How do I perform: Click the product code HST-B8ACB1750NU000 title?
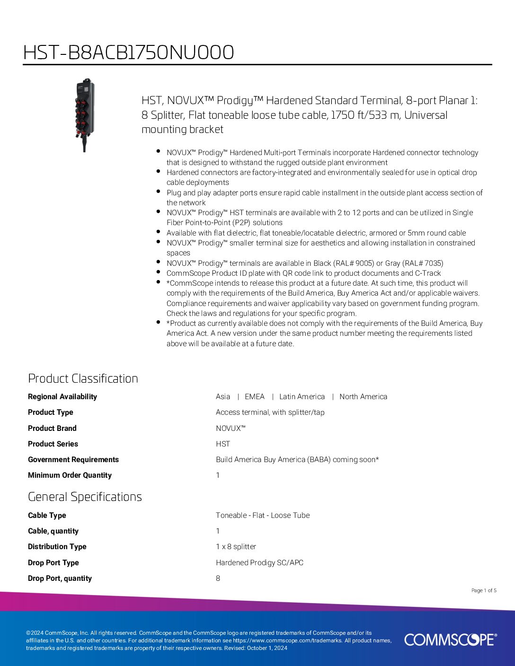click(128, 53)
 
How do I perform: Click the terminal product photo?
click(85, 114)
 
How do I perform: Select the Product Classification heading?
click(83, 378)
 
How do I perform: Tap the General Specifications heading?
click(85, 497)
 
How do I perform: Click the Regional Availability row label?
click(62, 397)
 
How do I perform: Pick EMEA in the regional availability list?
click(255, 397)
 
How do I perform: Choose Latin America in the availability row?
click(302, 397)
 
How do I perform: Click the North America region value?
click(363, 397)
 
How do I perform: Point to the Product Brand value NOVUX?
click(231, 429)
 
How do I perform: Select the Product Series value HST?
click(223, 444)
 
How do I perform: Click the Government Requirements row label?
click(73, 460)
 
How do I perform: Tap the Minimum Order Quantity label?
click(70, 475)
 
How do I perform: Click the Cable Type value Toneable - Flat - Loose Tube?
click(263, 516)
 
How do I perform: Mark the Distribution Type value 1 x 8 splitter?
click(236, 547)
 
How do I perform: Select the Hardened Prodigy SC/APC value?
click(259, 563)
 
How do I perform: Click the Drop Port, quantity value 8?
click(218, 578)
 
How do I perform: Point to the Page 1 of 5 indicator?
click(484, 590)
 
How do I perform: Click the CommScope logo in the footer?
click(450, 640)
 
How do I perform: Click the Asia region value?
click(223, 397)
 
